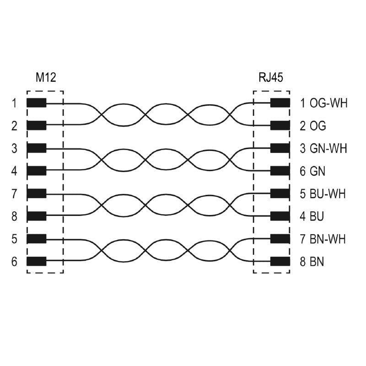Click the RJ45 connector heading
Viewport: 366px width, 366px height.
(x=270, y=77)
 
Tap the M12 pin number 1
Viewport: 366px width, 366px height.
(x=14, y=103)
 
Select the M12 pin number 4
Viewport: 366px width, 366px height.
(x=14, y=171)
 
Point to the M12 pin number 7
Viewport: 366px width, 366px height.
(x=14, y=194)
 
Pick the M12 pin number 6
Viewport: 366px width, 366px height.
(x=14, y=262)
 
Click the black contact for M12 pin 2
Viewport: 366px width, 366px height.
(x=36, y=125)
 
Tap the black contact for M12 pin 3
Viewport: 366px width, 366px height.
(x=36, y=148)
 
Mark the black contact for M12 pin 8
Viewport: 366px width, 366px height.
(x=36, y=216)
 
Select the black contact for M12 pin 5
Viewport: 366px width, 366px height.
(x=36, y=239)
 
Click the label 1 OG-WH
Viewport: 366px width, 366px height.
(x=323, y=103)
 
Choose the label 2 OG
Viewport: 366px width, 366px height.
(x=312, y=125)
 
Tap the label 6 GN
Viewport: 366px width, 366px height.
(x=312, y=171)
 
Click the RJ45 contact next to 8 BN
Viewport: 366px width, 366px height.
(x=280, y=262)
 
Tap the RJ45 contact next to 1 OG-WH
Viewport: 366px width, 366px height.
(x=280, y=103)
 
